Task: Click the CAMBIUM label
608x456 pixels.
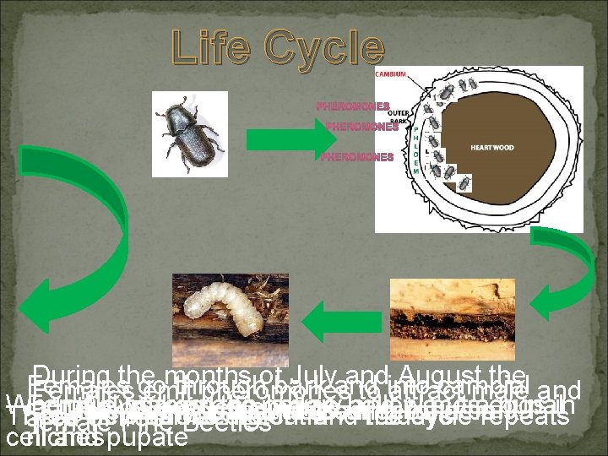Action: (390, 75)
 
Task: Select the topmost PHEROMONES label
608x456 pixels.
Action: (353, 107)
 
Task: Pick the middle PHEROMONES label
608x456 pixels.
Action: (361, 128)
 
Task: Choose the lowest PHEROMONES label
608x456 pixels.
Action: (357, 157)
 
